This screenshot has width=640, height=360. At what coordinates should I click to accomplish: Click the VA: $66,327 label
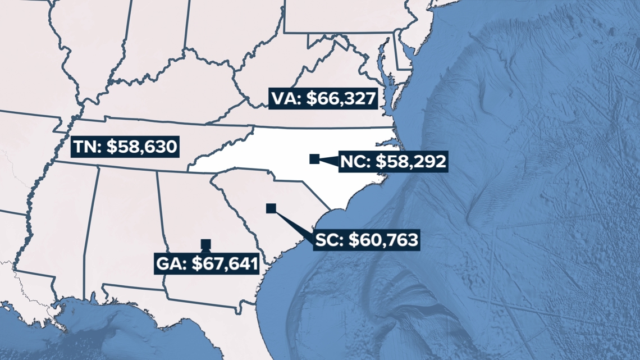322,99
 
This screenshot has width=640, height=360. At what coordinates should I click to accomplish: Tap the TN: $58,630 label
126,147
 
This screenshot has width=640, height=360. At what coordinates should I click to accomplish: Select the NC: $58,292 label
393,162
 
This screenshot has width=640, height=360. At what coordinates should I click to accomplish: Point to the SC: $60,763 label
366,240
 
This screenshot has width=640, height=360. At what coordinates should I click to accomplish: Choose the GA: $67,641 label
207,263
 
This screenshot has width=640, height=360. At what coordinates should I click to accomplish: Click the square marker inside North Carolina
314,159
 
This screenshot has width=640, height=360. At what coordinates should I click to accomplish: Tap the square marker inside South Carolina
271,208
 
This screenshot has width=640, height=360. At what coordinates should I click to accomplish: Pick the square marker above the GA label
206,244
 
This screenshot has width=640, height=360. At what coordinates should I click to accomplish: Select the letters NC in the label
353,162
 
